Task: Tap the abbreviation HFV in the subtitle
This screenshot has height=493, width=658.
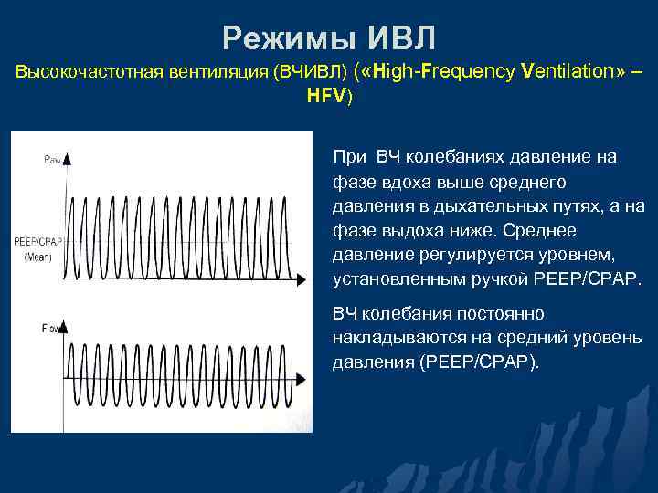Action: tap(327, 95)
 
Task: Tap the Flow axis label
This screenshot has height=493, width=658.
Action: tap(51, 327)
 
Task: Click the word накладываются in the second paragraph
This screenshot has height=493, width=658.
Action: tap(393, 338)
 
